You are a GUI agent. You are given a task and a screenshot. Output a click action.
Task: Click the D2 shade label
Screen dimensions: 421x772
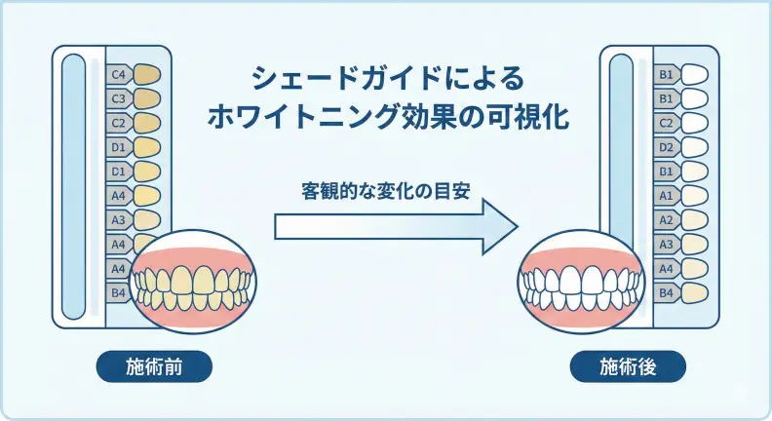[666, 147]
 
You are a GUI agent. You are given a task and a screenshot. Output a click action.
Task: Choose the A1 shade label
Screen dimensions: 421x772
[666, 195]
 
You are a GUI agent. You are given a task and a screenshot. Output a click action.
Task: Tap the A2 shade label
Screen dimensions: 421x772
[666, 219]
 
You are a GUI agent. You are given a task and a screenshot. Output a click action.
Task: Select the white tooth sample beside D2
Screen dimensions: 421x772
[696, 147]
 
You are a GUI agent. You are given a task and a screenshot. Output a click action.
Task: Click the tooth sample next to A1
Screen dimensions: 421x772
[696, 195]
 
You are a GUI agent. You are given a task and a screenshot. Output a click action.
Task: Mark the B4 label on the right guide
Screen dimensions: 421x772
[666, 291]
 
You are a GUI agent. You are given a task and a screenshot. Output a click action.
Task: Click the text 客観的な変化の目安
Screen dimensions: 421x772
[386, 189]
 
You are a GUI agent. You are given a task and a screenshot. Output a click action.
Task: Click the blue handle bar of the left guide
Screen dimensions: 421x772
[74, 185]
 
